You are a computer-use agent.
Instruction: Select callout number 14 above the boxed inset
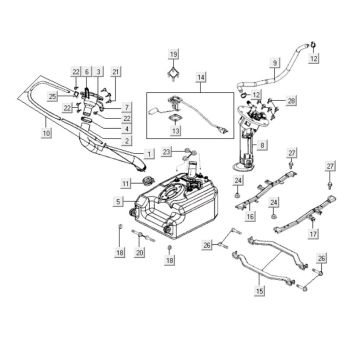pos(201,77)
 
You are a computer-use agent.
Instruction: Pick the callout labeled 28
pos(292,101)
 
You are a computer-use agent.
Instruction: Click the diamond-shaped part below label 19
pos(173,72)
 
